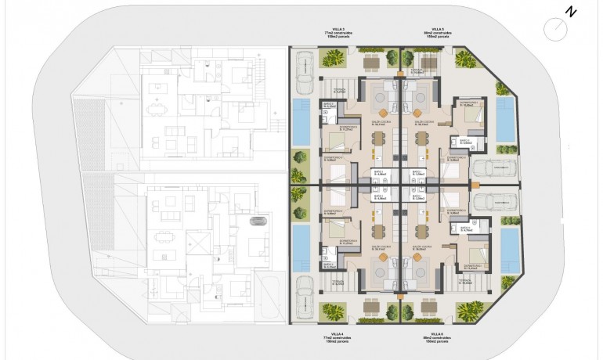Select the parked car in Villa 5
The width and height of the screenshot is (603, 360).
(x=498, y=168)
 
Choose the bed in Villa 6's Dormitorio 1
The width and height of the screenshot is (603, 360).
(x=471, y=252)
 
